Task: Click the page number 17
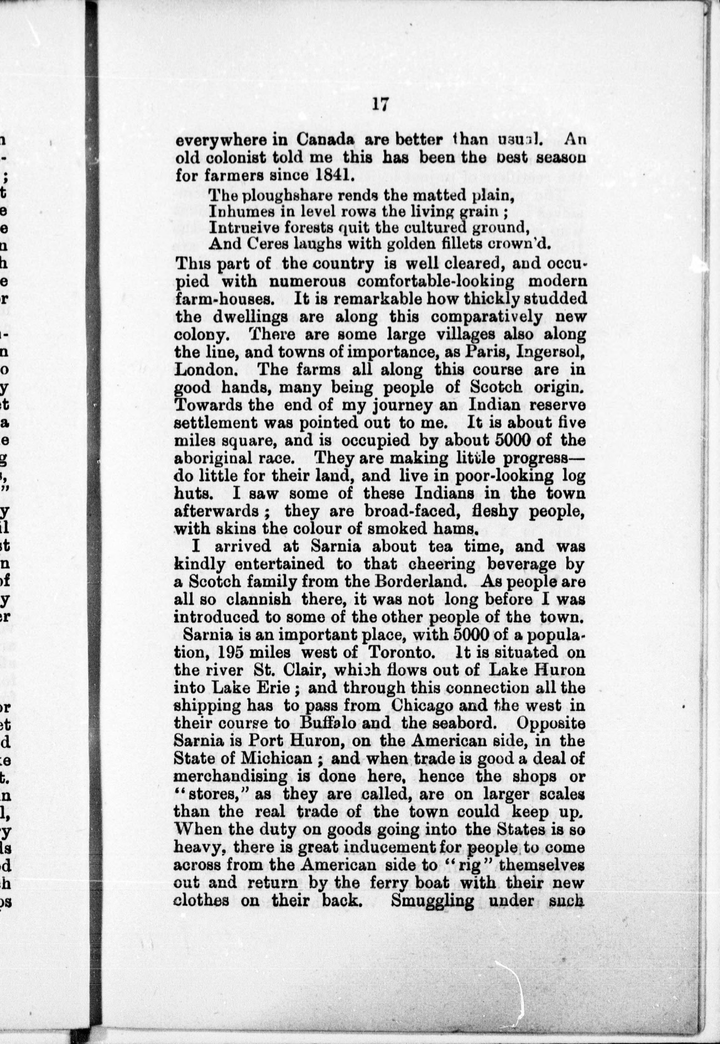coord(380,104)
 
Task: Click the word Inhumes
coord(233,211)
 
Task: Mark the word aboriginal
coord(212,459)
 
